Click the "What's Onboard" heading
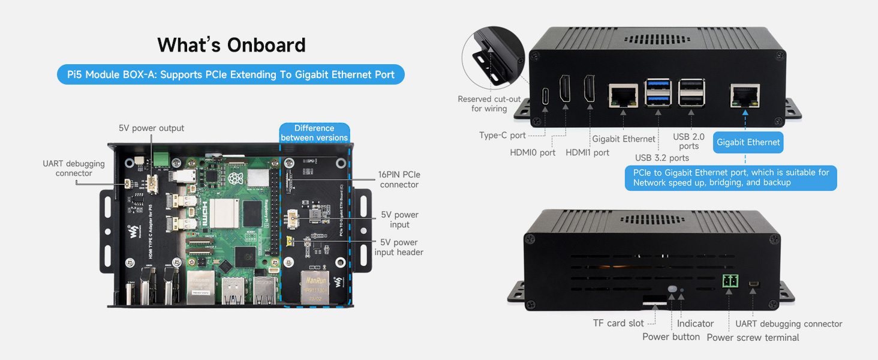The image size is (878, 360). [x=231, y=45]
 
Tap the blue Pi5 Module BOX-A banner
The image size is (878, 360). [x=231, y=75]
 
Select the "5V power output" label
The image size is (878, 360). [x=151, y=128]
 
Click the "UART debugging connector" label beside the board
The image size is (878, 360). [x=74, y=169]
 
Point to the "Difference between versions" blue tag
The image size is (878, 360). [x=314, y=133]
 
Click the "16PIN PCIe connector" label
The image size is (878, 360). [x=399, y=179]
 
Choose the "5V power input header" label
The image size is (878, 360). [x=399, y=247]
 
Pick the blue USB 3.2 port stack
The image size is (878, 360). [x=658, y=93]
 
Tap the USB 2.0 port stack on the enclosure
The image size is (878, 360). [x=691, y=93]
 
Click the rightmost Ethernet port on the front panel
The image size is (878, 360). [x=745, y=96]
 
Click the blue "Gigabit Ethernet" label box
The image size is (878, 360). [x=748, y=142]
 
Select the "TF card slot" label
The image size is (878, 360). [x=618, y=323]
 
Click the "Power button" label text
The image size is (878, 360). [x=671, y=337]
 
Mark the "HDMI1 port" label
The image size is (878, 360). [x=588, y=152]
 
